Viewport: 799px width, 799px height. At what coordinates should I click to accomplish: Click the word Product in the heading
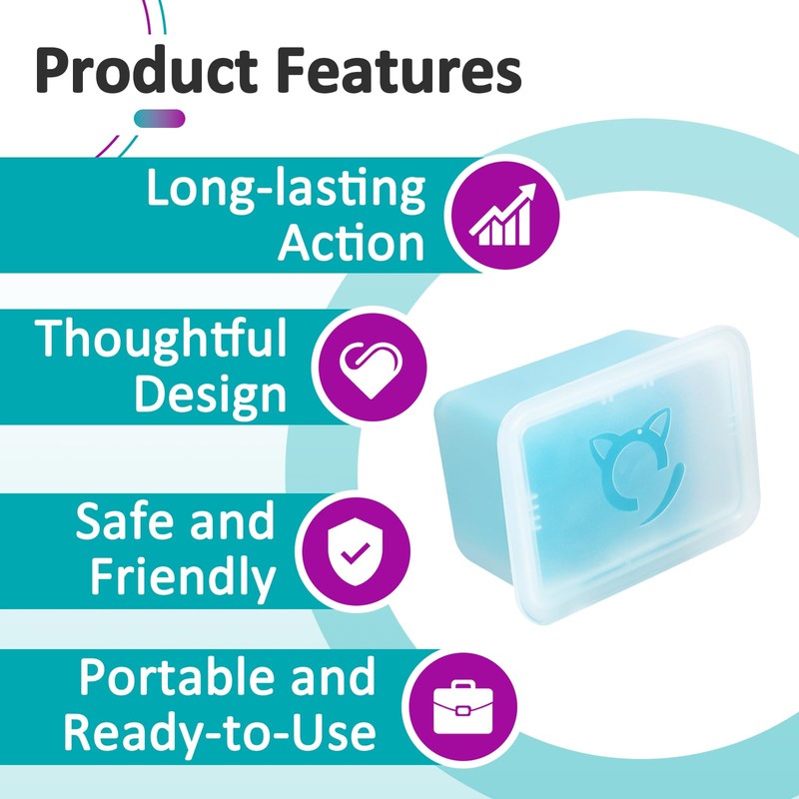(x=147, y=69)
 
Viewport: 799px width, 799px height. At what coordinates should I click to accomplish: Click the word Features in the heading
(x=400, y=69)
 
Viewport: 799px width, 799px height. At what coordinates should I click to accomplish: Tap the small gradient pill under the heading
(x=160, y=119)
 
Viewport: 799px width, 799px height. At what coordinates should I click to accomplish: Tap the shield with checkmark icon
(x=357, y=551)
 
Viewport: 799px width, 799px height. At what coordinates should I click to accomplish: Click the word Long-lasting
(x=286, y=190)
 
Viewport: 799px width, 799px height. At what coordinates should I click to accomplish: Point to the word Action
(x=352, y=244)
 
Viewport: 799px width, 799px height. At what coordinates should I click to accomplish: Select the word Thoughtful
(x=161, y=340)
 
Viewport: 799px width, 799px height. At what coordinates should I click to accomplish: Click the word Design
(x=211, y=396)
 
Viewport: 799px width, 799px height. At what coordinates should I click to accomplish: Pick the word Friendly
(x=183, y=577)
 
